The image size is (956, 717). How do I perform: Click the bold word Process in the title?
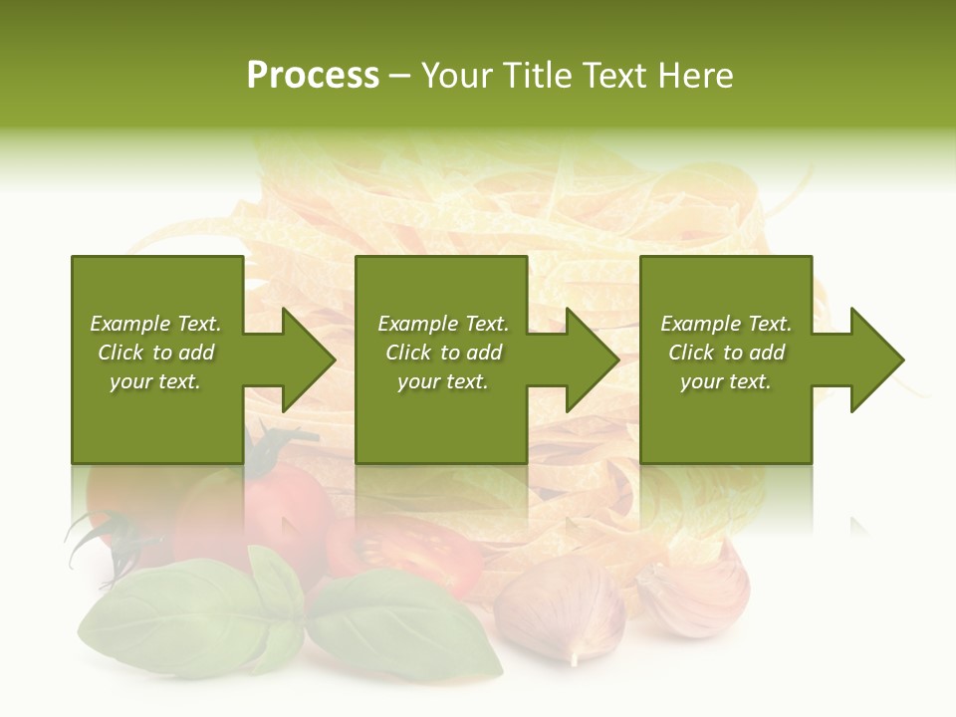313,76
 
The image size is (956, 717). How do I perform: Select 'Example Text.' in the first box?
155,324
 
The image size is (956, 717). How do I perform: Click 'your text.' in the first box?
155,381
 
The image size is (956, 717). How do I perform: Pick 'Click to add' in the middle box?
443,353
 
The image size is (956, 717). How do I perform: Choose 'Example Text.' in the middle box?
443,324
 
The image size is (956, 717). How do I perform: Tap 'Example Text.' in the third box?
726,324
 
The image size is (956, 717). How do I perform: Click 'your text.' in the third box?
726,381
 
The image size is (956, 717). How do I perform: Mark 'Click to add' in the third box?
726,353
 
